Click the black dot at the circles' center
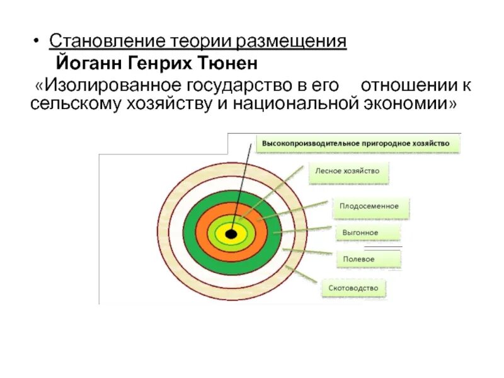tap(231, 234)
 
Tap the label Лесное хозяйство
tap(348, 170)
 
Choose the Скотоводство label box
tap(353, 288)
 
